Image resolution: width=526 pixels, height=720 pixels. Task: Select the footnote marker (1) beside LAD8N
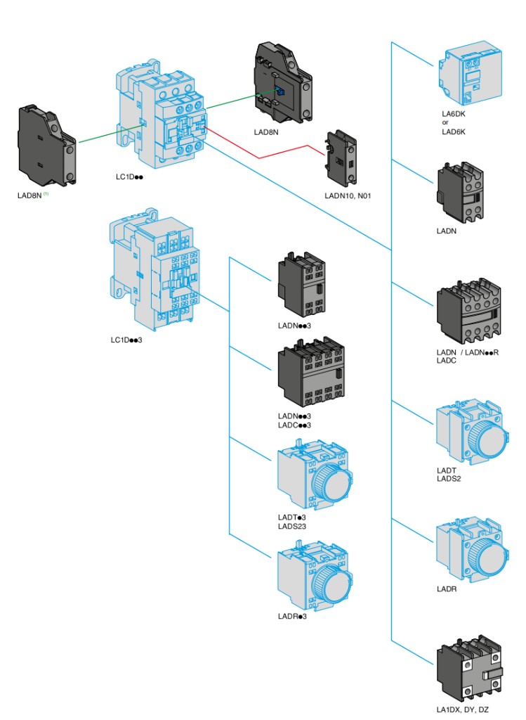click(x=46, y=194)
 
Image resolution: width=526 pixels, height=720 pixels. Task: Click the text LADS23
click(x=291, y=525)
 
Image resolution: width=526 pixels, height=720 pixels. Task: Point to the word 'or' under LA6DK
click(x=445, y=122)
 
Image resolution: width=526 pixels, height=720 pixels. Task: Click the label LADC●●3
click(x=294, y=425)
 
